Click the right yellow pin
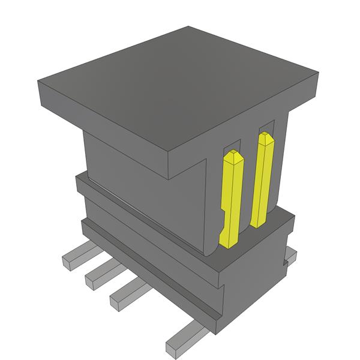point(263,180)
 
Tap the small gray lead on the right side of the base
point(291,256)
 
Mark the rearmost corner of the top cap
point(188,27)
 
